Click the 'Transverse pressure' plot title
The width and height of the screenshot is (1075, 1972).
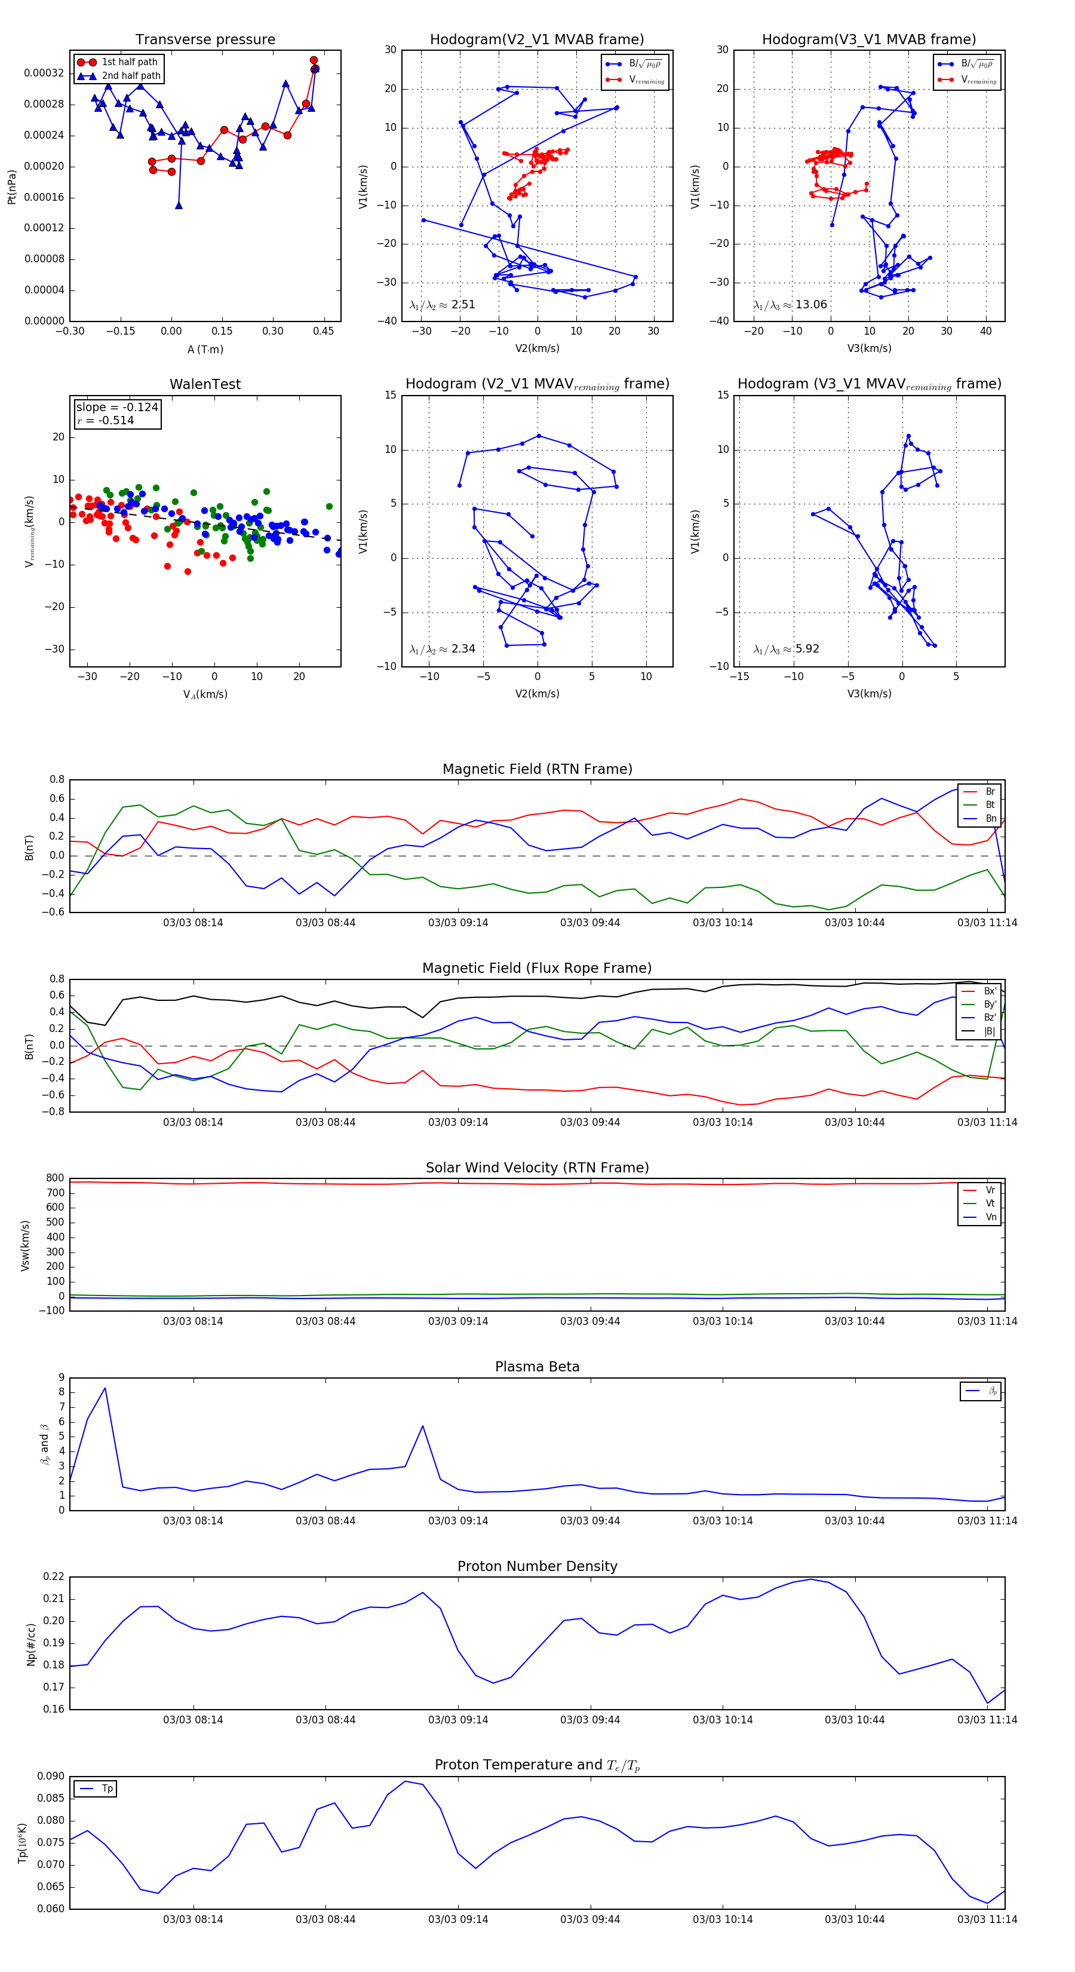[x=205, y=40]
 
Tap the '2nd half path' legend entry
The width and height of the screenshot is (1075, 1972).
[x=131, y=76]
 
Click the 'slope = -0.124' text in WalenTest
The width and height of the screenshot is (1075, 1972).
[x=117, y=408]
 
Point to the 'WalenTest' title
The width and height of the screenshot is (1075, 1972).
[x=205, y=384]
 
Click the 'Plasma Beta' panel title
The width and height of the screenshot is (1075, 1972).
[x=537, y=1367]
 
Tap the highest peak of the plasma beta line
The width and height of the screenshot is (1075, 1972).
[x=105, y=1388]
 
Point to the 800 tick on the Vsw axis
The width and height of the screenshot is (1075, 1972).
[x=55, y=1178]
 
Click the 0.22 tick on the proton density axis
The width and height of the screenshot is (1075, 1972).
[x=54, y=1576]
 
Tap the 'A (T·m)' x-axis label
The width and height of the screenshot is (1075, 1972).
[x=205, y=350]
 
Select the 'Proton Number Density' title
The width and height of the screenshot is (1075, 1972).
[x=537, y=1566]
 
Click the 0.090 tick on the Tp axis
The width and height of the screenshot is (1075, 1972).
[x=51, y=1776]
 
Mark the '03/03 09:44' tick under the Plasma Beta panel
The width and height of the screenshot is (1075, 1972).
[x=590, y=1521]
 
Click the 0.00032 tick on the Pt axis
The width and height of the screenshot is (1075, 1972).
[x=44, y=74]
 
